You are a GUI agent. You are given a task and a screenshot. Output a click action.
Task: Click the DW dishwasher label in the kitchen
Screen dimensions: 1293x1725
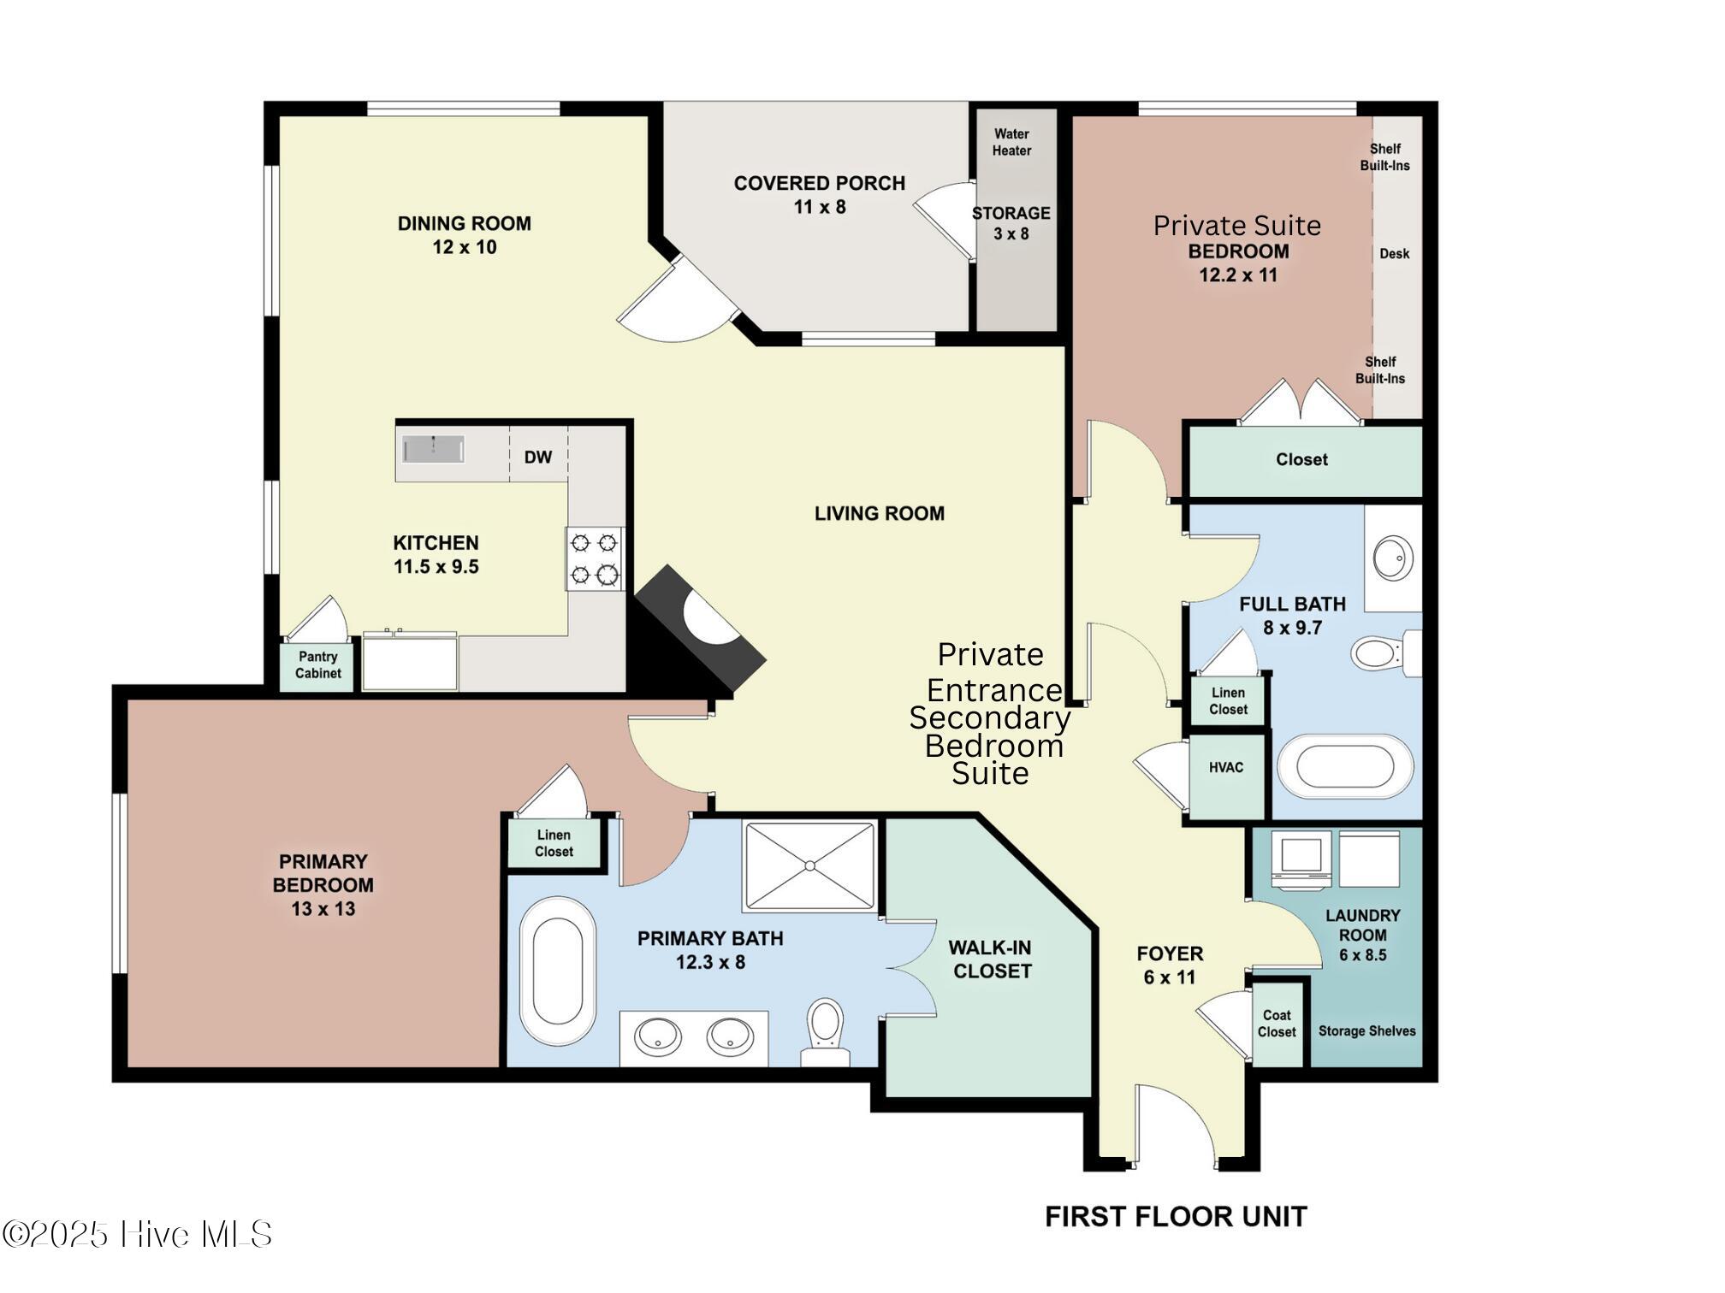pos(537,458)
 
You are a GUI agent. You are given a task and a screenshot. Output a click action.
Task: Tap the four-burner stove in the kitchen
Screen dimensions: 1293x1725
pos(594,558)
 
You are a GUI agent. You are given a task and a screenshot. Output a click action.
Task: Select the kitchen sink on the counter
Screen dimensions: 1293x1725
pos(433,449)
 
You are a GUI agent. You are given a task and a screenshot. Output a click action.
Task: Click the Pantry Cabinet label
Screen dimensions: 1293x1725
pos(317,665)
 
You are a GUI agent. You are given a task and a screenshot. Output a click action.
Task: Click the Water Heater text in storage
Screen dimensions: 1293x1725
pos(1011,142)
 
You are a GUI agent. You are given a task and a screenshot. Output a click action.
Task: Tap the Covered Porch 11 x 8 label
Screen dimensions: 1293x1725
pos(819,195)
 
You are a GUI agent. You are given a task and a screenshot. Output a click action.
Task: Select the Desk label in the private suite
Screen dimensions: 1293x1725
pos(1394,254)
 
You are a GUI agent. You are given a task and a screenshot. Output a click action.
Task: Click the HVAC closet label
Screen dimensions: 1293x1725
pos(1225,768)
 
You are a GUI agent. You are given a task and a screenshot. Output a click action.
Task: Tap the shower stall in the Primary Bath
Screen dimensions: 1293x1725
pos(809,865)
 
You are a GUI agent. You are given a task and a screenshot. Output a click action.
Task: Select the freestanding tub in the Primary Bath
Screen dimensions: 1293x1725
pos(557,971)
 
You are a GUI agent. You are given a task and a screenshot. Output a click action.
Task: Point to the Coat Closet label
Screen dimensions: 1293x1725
pos(1276,1024)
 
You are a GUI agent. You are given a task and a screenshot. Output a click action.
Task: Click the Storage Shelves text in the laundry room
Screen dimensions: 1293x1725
pos(1366,1031)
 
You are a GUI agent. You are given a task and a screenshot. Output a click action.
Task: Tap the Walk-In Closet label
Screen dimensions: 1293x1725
pos(992,959)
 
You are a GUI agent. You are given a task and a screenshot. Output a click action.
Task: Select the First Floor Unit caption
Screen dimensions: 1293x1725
pos(1176,1217)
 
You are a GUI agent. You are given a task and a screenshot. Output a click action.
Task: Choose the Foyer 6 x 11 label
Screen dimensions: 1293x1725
pos(1170,965)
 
